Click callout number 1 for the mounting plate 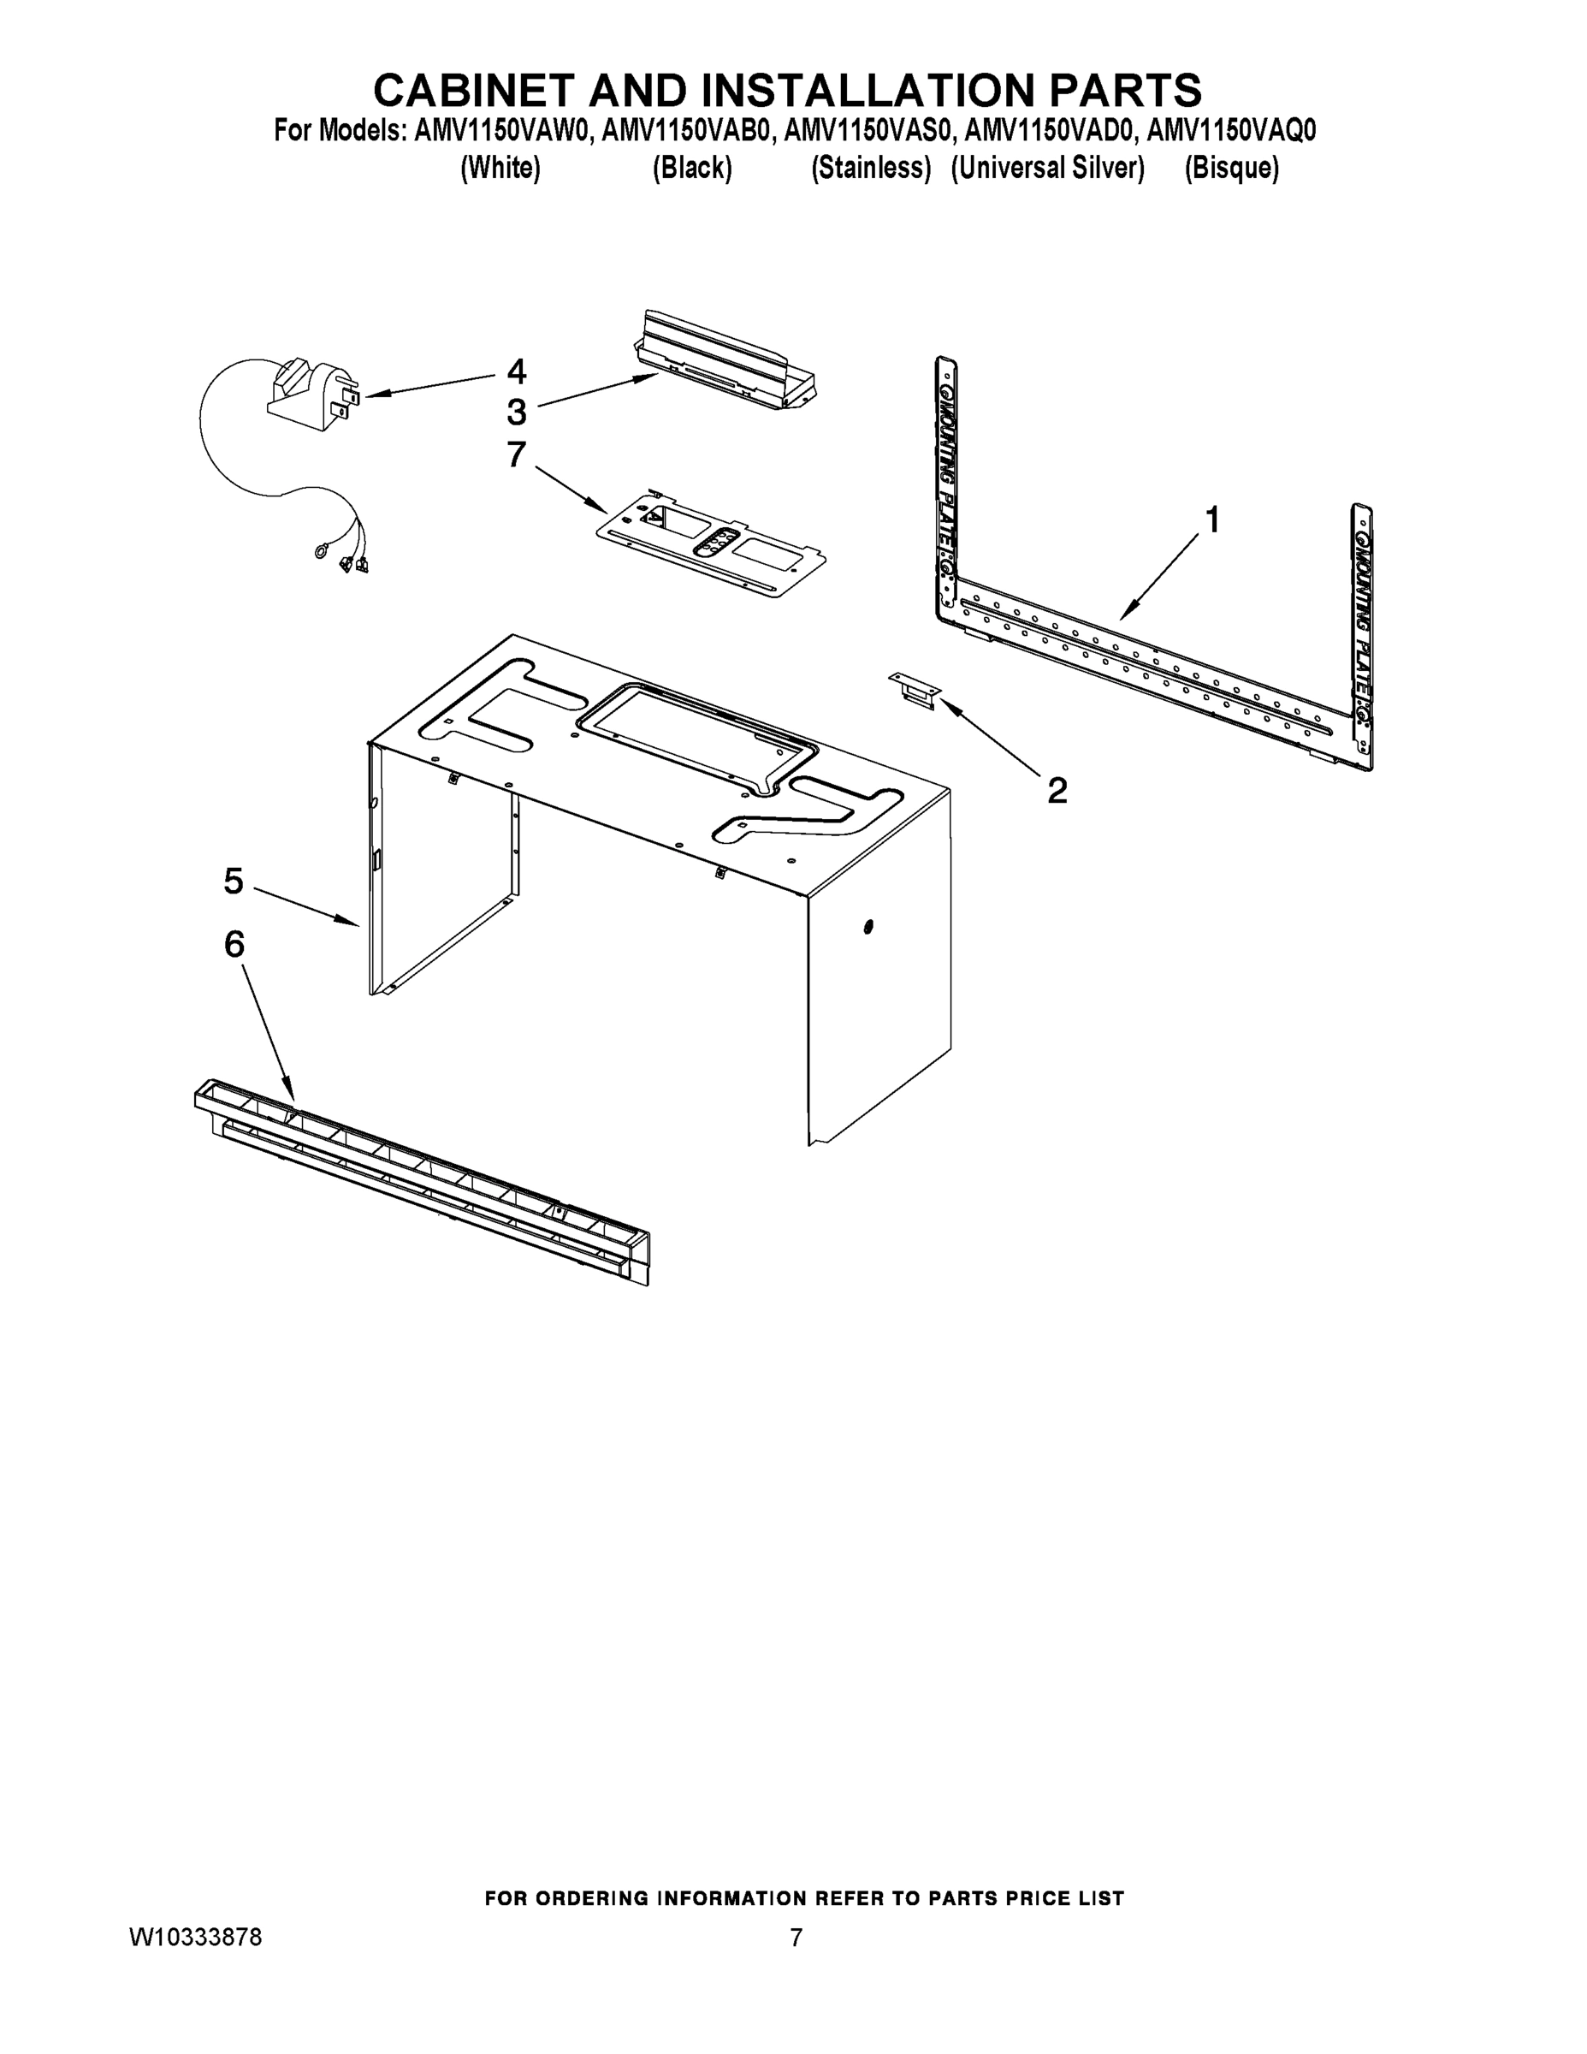[x=1212, y=519]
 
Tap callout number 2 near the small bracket [x=1057, y=790]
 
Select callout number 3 [x=516, y=412]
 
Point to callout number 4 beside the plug [x=516, y=371]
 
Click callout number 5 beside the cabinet [x=234, y=882]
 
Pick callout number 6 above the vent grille [x=234, y=943]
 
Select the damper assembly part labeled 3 [x=724, y=362]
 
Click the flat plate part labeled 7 [x=712, y=545]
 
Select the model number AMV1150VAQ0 [x=1231, y=131]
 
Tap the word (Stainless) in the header [x=871, y=169]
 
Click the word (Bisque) [x=1231, y=169]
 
